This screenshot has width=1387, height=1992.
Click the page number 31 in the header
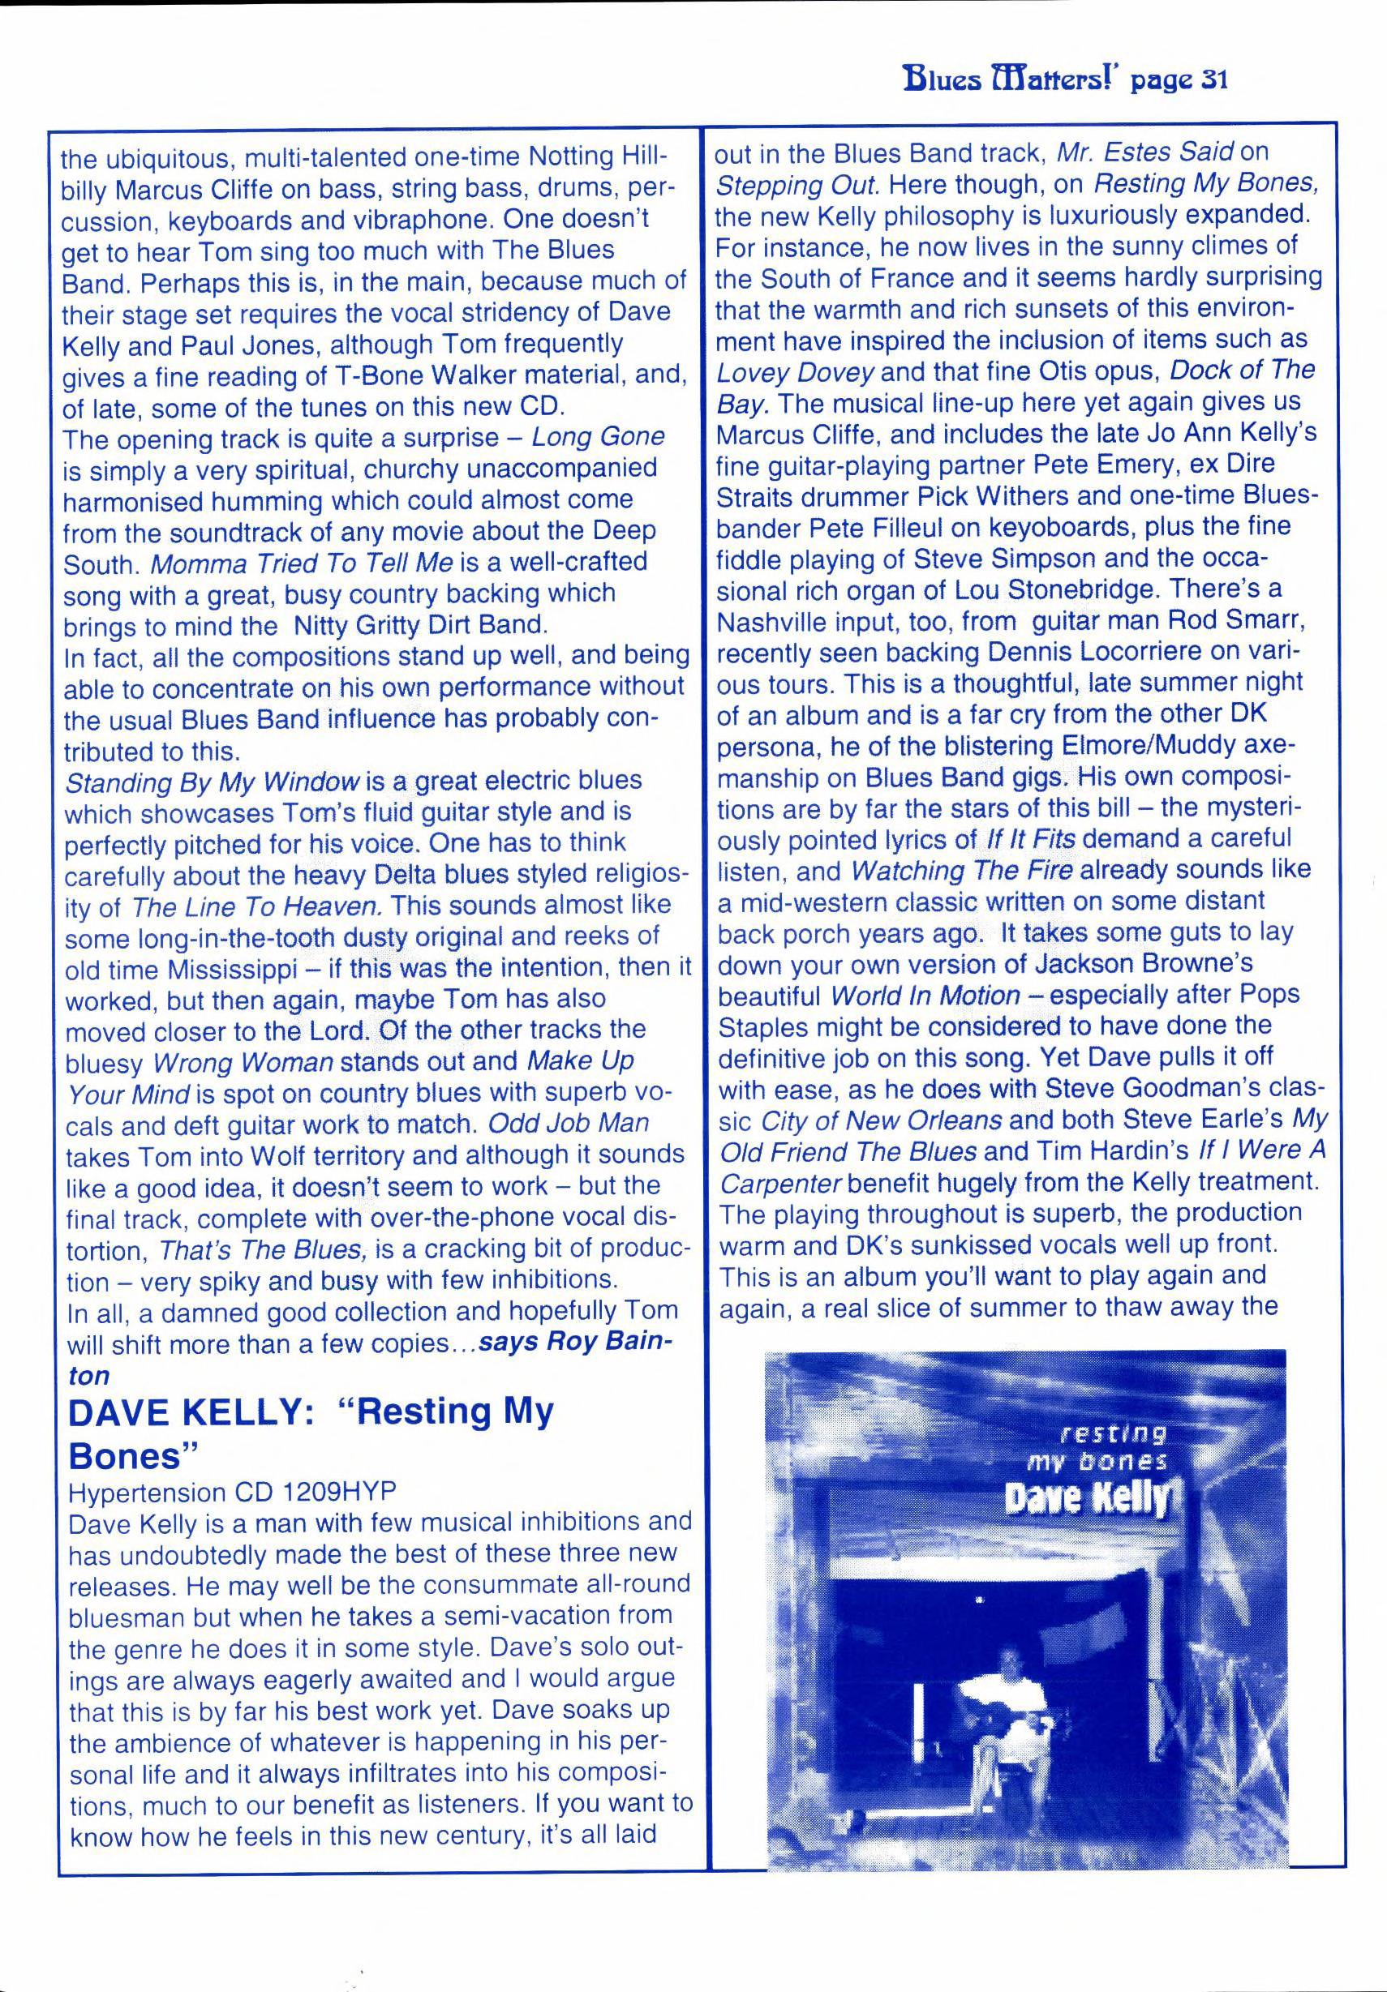[x=1209, y=81]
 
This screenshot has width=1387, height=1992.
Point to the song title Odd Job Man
[x=569, y=1124]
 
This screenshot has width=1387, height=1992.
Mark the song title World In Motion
[x=925, y=995]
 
